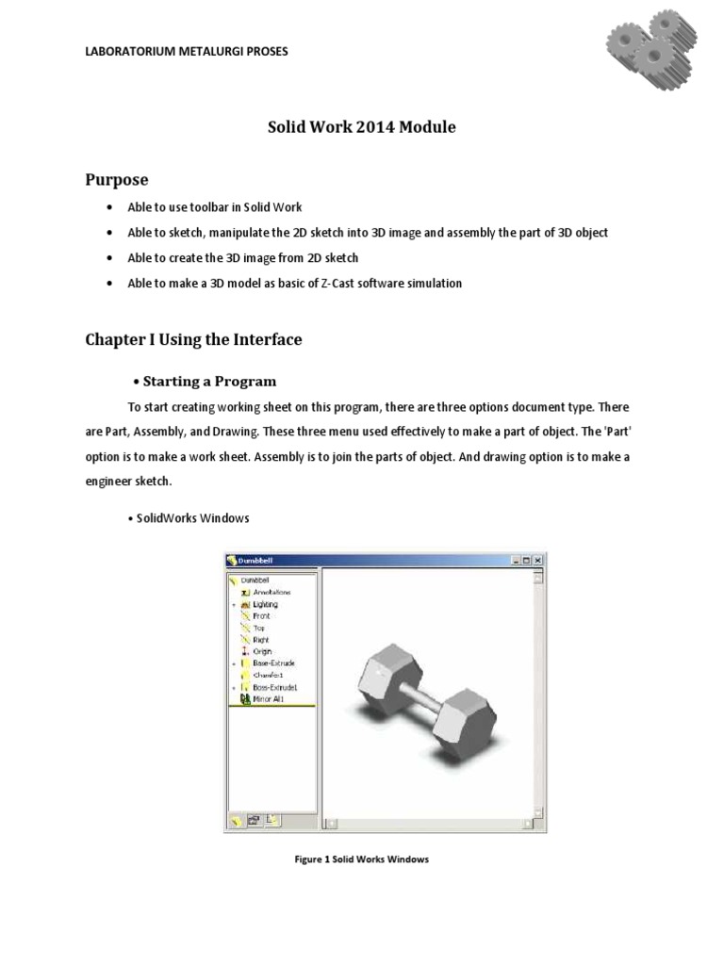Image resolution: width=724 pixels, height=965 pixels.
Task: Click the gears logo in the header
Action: click(x=650, y=45)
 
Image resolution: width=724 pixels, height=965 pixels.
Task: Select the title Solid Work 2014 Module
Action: click(x=362, y=127)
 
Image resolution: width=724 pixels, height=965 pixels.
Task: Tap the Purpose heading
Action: click(x=117, y=179)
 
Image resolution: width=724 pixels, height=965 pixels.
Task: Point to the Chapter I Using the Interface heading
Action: click(x=194, y=339)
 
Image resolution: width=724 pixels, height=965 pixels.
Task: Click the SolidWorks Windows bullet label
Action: click(x=192, y=518)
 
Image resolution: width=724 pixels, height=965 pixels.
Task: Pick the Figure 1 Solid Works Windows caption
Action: click(x=362, y=859)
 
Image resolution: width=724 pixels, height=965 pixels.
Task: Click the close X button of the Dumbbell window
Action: click(x=538, y=560)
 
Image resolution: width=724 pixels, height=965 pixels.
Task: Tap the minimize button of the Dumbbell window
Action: click(x=516, y=560)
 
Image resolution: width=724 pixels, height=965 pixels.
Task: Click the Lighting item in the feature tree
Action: click(x=265, y=604)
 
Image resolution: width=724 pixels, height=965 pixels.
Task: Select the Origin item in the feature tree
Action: click(x=262, y=651)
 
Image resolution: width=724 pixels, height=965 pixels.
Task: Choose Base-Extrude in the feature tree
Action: click(x=273, y=663)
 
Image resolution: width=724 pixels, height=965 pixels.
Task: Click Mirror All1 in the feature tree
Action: click(x=268, y=699)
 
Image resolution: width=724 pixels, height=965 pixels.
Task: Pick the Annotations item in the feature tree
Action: click(x=271, y=592)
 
